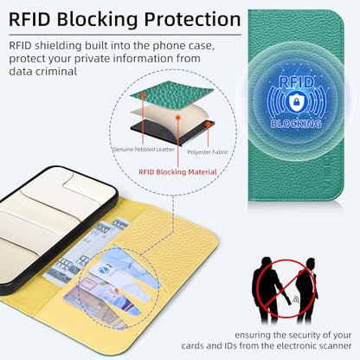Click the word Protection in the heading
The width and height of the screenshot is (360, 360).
192,19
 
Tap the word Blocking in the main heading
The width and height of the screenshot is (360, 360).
98,20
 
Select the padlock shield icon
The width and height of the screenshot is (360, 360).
296,101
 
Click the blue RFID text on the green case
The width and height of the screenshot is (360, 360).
296,82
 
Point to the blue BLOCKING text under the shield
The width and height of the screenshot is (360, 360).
296,124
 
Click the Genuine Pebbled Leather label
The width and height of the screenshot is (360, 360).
144,150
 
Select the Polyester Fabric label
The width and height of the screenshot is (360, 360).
208,152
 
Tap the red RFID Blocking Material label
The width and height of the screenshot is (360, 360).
177,172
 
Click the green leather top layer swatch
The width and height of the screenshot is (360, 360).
171,94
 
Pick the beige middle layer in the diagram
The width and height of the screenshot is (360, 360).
170,117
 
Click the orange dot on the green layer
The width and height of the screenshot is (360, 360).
143,94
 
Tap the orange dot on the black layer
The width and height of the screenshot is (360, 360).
208,124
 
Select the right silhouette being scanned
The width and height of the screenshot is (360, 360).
306,289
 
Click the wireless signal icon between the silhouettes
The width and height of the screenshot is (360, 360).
294,300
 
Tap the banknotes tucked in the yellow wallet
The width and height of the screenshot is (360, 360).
84,254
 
